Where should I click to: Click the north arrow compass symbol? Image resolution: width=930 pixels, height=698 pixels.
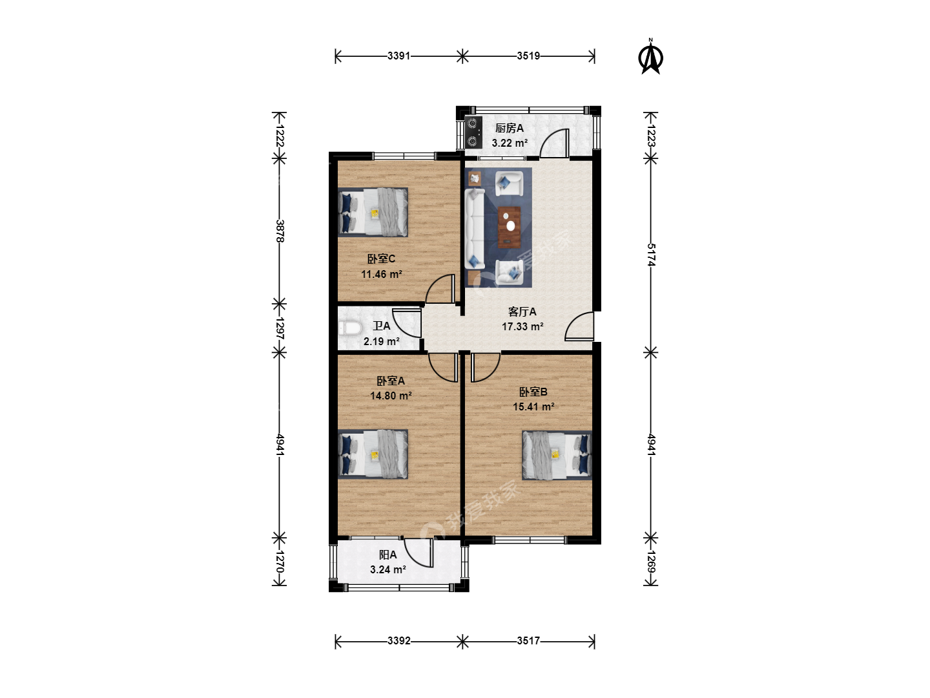[650, 57]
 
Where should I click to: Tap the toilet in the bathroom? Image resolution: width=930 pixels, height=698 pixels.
[350, 328]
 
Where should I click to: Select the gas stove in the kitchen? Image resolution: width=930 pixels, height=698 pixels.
[473, 132]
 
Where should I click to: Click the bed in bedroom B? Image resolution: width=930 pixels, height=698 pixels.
[557, 455]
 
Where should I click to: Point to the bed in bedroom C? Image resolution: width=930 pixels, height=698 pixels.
[373, 212]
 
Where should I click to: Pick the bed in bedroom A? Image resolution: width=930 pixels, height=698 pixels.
[373, 454]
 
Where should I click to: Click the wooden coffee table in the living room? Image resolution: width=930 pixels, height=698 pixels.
[510, 227]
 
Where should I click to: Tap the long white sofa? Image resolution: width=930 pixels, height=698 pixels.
[475, 229]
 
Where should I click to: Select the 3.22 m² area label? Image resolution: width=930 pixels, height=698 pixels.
[510, 143]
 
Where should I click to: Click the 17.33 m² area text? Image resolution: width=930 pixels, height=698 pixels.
[523, 326]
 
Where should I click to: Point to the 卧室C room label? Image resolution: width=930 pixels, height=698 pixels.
[381, 259]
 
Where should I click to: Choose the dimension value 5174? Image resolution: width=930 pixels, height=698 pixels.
[651, 255]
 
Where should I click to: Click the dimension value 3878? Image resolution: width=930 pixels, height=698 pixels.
[280, 231]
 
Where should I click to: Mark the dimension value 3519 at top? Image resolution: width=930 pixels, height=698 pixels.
[528, 56]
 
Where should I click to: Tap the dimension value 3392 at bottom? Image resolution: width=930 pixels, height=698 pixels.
[399, 640]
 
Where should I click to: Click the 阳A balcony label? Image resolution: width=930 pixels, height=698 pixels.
[387, 555]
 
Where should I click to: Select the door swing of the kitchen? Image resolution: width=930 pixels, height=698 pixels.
[553, 143]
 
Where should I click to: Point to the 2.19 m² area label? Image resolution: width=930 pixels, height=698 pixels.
[382, 341]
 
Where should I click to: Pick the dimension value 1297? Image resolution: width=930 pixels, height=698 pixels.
[280, 328]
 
